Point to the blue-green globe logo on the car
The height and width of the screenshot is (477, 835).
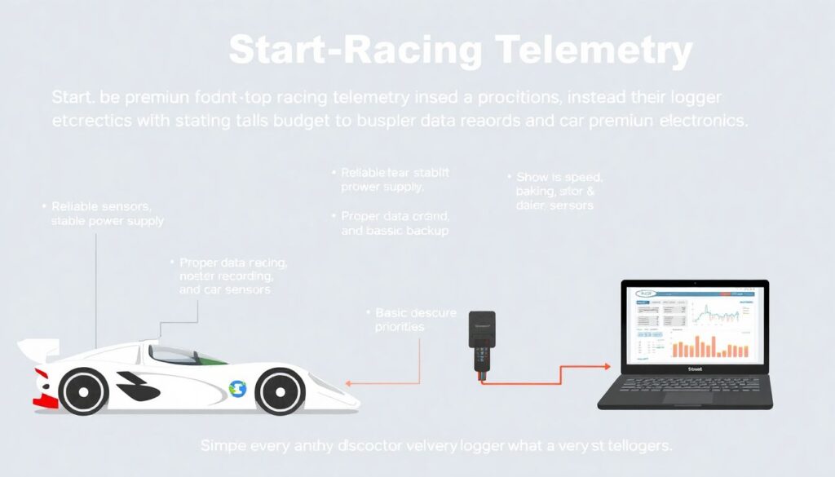(237, 389)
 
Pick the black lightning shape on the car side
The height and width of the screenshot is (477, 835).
(136, 386)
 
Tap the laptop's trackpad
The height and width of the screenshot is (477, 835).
(684, 398)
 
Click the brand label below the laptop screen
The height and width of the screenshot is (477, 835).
(695, 369)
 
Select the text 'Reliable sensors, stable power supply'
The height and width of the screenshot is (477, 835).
(107, 214)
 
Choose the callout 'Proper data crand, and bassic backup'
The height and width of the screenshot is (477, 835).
(395, 223)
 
